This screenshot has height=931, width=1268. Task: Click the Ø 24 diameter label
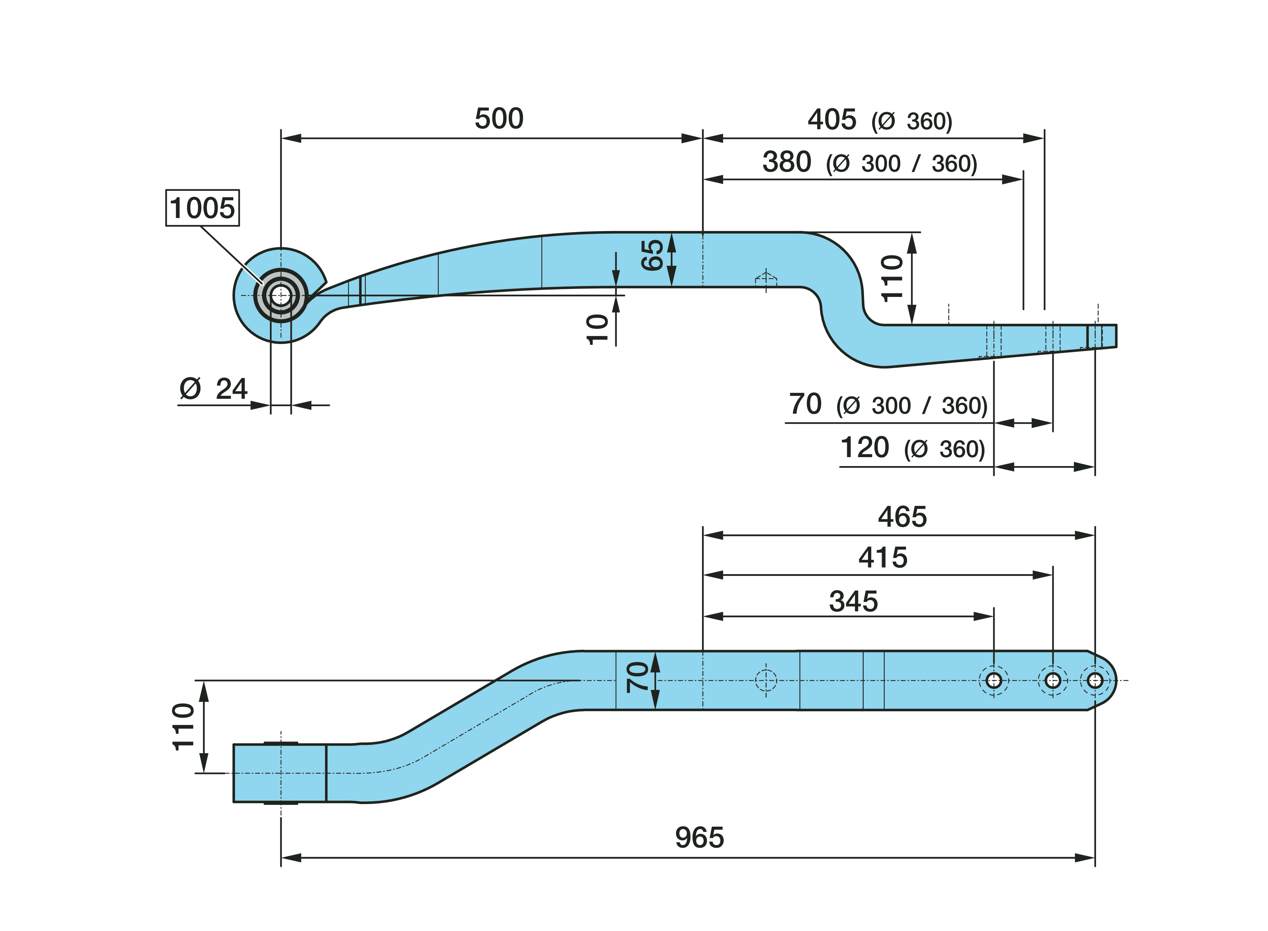213,389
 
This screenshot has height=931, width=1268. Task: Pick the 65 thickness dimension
652,255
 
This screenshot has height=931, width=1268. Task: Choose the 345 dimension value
853,601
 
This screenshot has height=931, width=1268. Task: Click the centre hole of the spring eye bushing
281,295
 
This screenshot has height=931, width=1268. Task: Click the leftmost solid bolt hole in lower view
993,680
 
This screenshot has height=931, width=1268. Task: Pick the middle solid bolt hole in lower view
1052,680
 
